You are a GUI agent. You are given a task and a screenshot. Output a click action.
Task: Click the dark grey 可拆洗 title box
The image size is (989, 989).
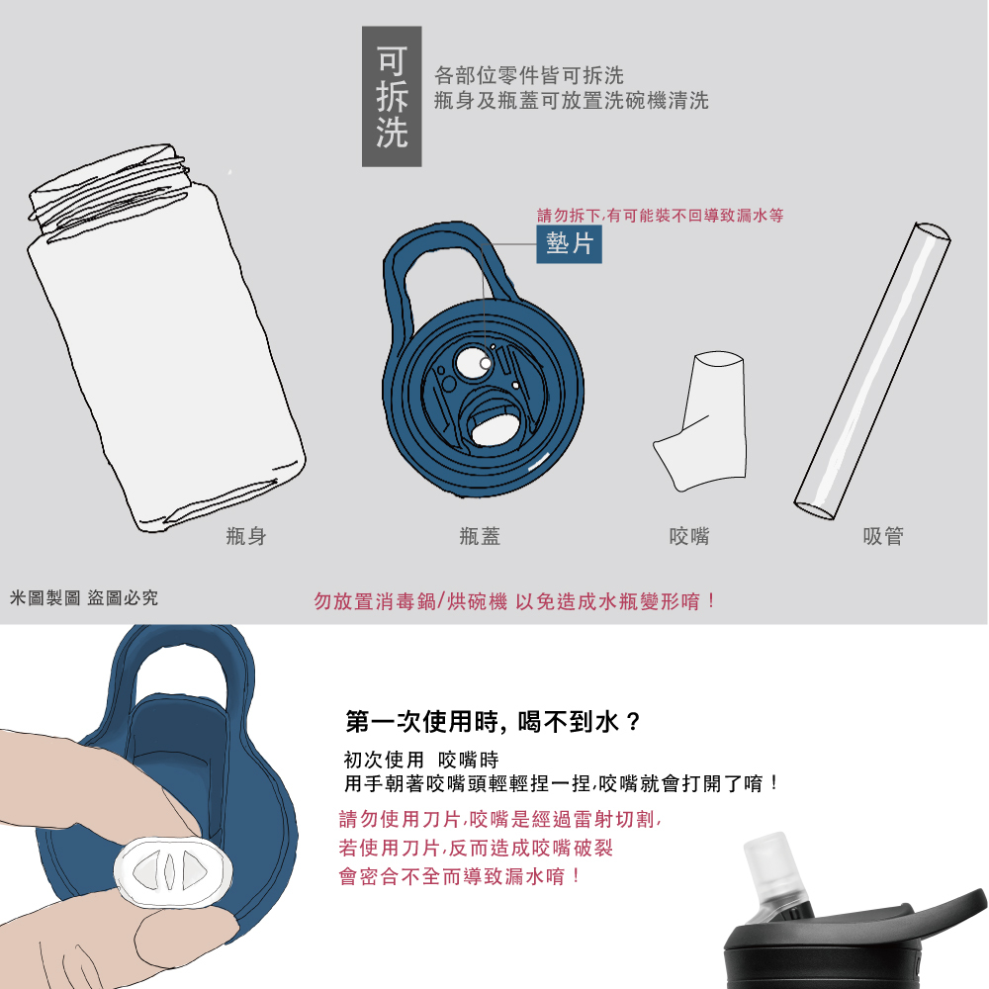click(x=392, y=96)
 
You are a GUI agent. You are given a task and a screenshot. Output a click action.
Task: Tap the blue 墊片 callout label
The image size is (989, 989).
click(x=569, y=244)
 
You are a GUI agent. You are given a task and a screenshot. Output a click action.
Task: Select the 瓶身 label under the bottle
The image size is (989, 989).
click(x=246, y=537)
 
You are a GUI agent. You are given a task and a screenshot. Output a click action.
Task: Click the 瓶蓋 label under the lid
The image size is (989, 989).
click(x=481, y=537)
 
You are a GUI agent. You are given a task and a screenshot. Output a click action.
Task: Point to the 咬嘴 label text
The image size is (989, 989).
click(x=689, y=537)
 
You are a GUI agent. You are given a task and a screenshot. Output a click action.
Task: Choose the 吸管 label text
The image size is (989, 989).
click(x=883, y=537)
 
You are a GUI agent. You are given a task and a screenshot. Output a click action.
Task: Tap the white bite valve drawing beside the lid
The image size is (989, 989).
click(x=704, y=420)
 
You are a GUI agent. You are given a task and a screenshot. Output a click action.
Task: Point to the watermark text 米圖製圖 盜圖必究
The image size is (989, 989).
click(x=83, y=598)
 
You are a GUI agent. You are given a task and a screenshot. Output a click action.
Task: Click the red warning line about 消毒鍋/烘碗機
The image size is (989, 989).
click(x=514, y=601)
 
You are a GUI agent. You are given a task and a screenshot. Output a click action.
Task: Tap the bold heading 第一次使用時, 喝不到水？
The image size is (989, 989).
click(x=494, y=721)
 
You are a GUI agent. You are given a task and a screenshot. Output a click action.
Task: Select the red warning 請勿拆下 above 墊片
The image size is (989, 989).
click(x=660, y=215)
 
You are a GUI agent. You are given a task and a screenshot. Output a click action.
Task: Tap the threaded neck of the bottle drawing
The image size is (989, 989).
click(x=109, y=188)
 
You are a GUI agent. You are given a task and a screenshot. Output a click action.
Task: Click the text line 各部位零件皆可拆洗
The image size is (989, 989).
click(x=529, y=75)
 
